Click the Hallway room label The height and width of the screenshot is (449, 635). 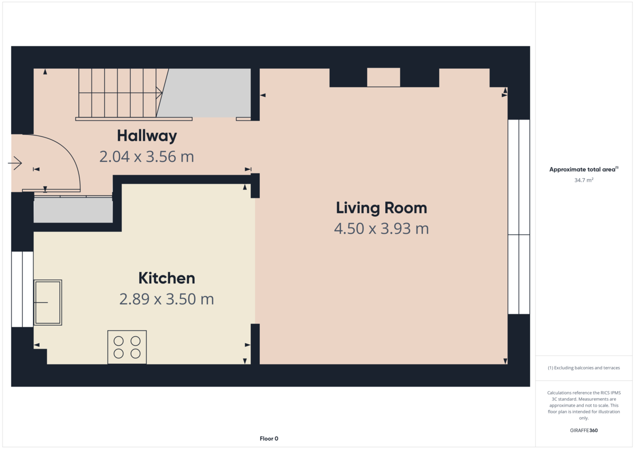[147, 136]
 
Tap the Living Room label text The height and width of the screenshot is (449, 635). [381, 208]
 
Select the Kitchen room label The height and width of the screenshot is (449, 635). [167, 278]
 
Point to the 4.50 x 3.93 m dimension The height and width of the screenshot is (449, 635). [381, 229]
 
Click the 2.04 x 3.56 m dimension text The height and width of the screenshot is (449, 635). [147, 157]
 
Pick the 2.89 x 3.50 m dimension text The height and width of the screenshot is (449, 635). [167, 299]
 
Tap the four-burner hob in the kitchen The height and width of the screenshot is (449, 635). [127, 347]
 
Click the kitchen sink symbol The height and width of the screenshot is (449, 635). [48, 302]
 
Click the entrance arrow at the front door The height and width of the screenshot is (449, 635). [15, 163]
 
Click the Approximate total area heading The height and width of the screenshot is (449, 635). [584, 169]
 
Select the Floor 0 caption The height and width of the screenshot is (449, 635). [269, 438]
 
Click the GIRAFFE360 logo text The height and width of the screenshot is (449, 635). [584, 430]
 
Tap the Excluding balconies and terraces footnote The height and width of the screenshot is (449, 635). [584, 368]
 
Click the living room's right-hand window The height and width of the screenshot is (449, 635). [519, 217]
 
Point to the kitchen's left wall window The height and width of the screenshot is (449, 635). [22, 289]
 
